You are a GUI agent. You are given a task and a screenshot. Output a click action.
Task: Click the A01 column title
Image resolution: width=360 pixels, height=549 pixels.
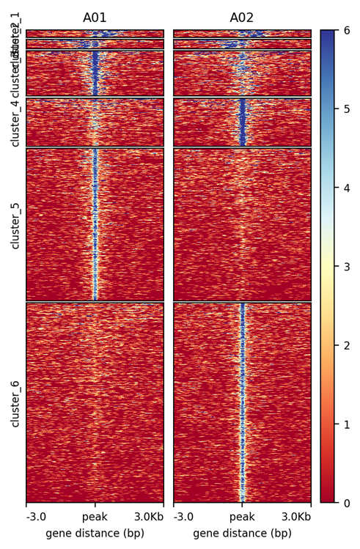tap(95, 18)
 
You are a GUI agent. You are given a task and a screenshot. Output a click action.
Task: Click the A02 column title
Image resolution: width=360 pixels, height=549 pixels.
tap(242, 18)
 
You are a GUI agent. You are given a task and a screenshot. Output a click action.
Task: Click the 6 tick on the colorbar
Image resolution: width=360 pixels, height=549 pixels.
tap(347, 30)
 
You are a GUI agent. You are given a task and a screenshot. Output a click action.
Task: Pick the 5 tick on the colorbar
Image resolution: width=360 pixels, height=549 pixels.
tap(347, 109)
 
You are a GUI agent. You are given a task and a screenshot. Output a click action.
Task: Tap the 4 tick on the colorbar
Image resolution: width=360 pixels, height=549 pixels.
tap(347, 188)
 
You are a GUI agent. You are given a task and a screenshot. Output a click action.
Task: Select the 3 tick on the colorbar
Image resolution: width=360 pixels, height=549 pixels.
tap(347, 267)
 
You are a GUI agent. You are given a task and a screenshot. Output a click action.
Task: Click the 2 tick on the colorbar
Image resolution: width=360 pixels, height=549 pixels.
tap(347, 345)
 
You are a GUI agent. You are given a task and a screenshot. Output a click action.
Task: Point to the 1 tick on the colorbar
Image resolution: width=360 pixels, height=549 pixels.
tap(347, 424)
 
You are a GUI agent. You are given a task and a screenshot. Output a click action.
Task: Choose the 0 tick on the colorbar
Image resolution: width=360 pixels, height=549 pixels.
tap(347, 503)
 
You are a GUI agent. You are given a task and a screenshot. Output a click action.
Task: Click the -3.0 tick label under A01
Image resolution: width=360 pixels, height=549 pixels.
tap(36, 517)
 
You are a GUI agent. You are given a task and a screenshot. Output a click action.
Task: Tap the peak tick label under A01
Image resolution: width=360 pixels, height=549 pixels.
tap(95, 517)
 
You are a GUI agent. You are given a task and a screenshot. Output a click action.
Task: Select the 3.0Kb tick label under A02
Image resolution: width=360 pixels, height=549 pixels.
tap(295, 517)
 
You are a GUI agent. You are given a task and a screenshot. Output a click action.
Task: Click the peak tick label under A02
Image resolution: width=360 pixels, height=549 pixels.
tap(242, 517)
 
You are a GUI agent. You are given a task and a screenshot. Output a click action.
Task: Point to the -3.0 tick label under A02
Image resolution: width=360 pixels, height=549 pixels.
tap(183, 517)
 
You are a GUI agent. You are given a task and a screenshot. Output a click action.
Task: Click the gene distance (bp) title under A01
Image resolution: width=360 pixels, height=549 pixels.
tap(95, 533)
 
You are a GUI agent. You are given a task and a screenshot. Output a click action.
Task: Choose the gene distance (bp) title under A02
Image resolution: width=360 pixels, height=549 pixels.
tap(242, 533)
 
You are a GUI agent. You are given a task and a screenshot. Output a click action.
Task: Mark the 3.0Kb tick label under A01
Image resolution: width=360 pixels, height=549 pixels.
tap(148, 517)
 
